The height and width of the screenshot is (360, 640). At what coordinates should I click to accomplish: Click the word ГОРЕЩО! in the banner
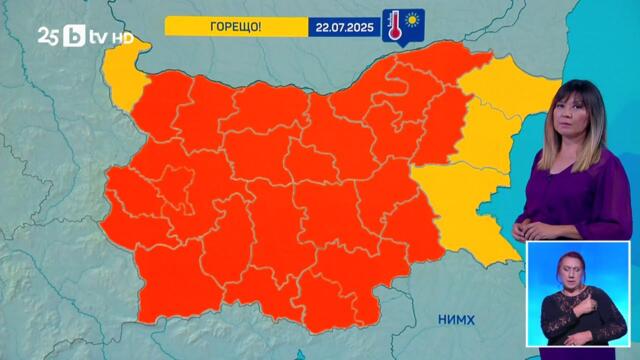[x=237, y=26]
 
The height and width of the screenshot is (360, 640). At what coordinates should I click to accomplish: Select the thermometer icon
[x=393, y=26]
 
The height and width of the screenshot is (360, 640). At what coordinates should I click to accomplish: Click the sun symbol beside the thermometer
[x=410, y=20]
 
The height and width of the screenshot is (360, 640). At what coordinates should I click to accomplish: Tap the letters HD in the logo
[x=122, y=37]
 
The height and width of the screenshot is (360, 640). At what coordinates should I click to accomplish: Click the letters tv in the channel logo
[x=99, y=36]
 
